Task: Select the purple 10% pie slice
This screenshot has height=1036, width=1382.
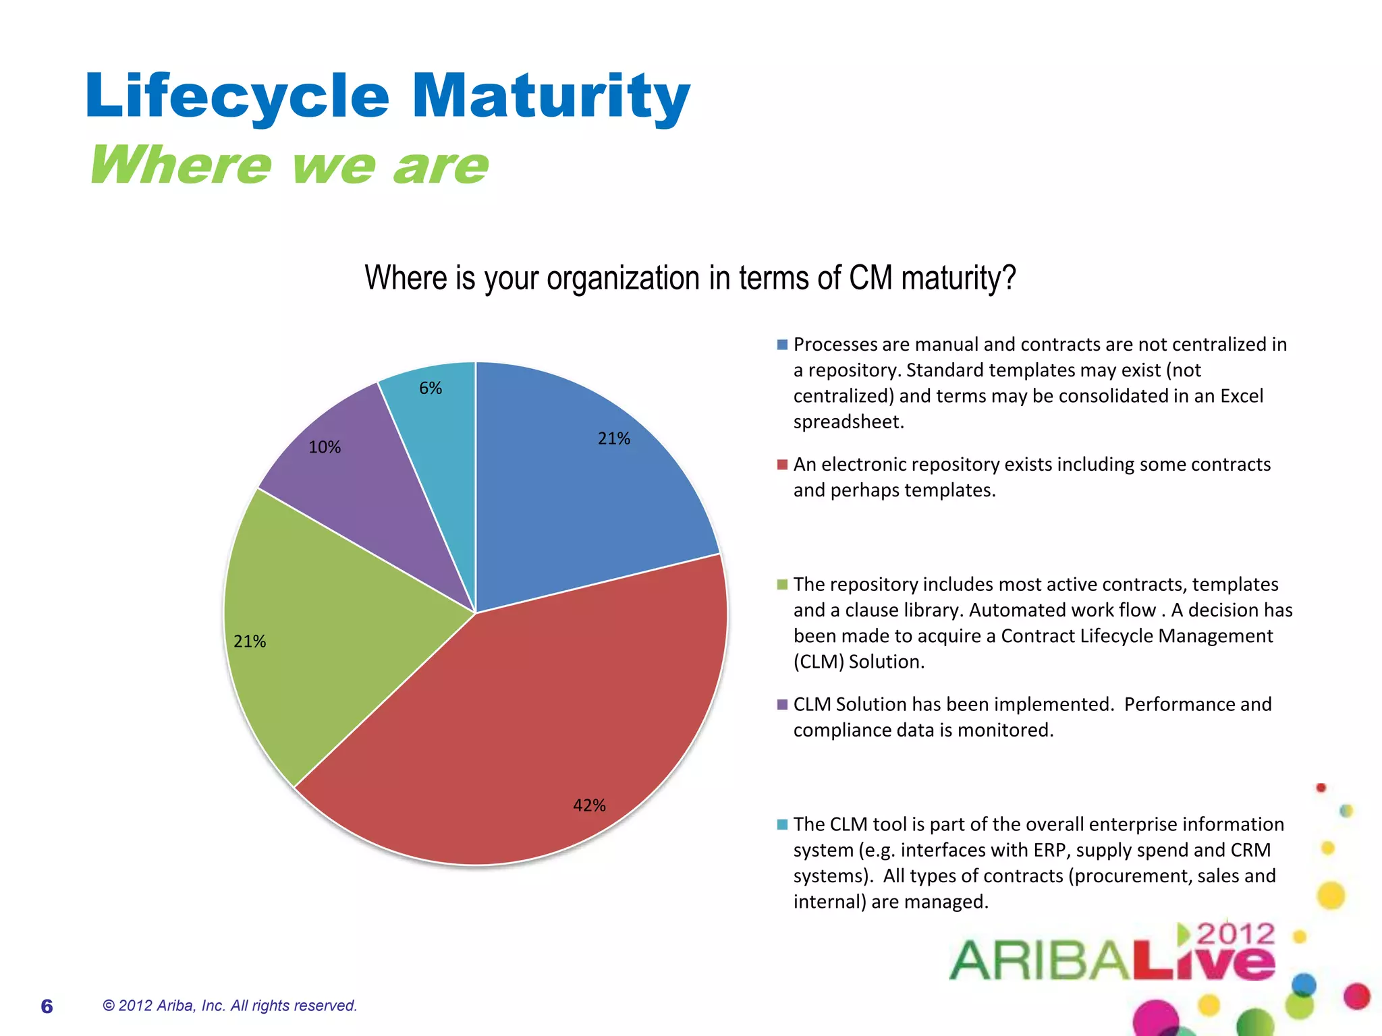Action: tap(378, 499)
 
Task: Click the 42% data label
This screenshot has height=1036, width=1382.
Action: tap(589, 805)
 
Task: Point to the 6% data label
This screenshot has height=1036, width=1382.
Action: tap(431, 388)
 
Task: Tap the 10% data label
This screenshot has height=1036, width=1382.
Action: tap(325, 447)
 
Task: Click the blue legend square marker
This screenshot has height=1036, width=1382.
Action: tap(782, 345)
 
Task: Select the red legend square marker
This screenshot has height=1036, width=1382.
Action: tap(782, 465)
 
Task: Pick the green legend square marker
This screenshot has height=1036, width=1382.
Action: tap(782, 585)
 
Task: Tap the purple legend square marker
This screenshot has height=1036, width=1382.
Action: tap(782, 705)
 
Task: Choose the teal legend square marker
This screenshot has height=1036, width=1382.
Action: tap(782, 824)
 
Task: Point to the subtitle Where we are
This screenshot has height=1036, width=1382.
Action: tap(289, 165)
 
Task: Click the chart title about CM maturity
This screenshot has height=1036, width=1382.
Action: tap(690, 278)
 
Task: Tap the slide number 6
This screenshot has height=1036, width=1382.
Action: tap(47, 1006)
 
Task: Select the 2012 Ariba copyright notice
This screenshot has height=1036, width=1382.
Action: tap(229, 1006)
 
